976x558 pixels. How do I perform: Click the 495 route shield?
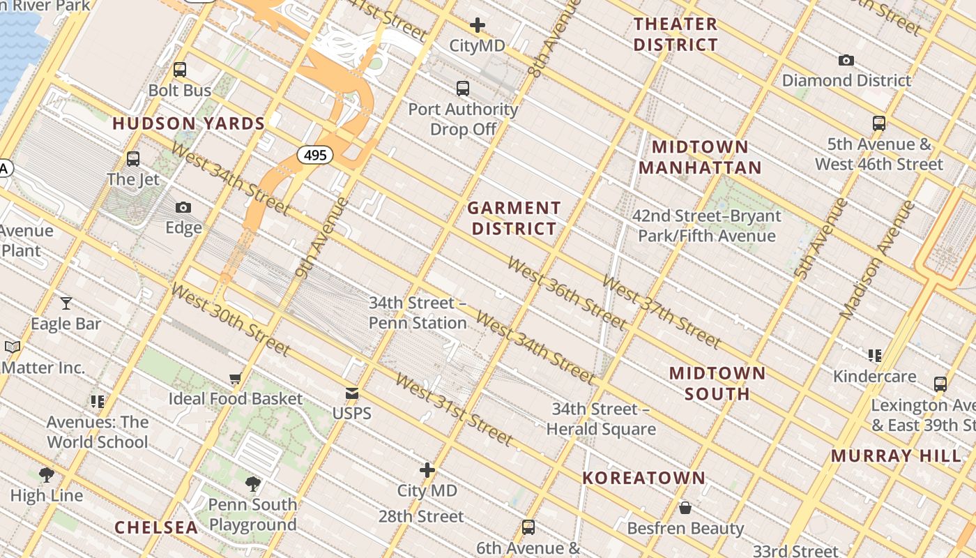coord(315,155)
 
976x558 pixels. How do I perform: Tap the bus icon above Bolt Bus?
coord(180,70)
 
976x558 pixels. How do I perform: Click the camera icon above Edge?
coord(183,207)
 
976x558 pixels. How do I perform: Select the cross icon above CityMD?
coord(477,26)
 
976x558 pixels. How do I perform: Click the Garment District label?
coord(514,218)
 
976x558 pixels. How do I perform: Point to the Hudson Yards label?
coord(188,124)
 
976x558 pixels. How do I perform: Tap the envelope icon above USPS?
coord(352,394)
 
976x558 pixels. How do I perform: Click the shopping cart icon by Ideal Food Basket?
coord(236,379)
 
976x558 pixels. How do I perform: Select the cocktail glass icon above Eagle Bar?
coord(66,303)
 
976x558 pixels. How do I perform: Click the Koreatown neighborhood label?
coord(643,478)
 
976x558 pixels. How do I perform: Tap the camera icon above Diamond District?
coord(846,61)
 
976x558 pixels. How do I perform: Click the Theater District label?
coord(675,34)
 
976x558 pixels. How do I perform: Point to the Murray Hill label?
coord(896,456)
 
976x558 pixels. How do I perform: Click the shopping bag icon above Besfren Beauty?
coord(685,508)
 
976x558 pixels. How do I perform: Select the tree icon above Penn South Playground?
coord(253,483)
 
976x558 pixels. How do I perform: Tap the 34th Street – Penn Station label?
coord(418,313)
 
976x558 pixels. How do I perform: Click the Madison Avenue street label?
coord(877,260)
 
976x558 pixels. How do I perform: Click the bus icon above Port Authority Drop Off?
coord(463,89)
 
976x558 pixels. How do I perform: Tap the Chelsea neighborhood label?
coord(156,528)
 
